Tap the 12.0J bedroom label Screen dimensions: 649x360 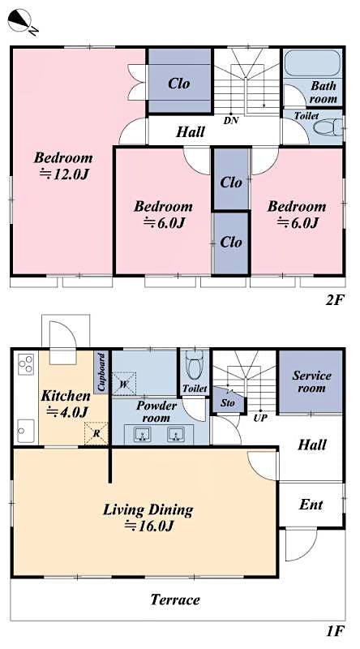pyautogui.click(x=62, y=165)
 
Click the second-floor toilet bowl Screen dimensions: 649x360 pyautogui.click(x=327, y=128)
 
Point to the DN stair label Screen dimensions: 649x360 pyautogui.click(x=231, y=120)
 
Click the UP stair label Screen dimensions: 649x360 pyautogui.click(x=261, y=418)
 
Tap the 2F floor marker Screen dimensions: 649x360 pyautogui.click(x=336, y=300)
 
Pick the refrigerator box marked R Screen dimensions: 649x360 pyautogui.click(x=96, y=434)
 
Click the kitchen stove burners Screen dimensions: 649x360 pyautogui.click(x=25, y=363)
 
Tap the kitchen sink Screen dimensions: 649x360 pyautogui.click(x=24, y=426)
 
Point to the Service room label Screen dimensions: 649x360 pyautogui.click(x=311, y=381)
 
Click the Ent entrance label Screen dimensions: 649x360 pyautogui.click(x=311, y=505)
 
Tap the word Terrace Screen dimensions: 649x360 pyautogui.click(x=175, y=600)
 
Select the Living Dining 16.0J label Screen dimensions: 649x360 pyautogui.click(x=148, y=518)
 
